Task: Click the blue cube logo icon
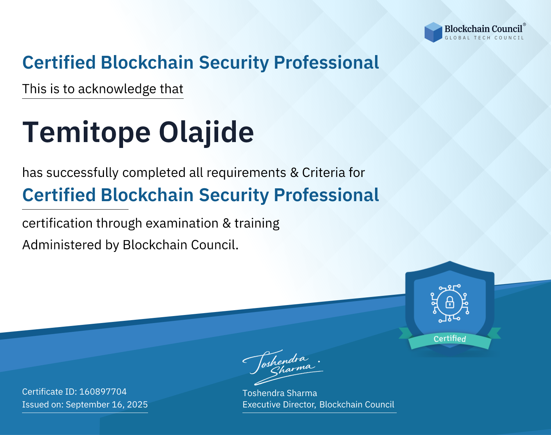point(433,32)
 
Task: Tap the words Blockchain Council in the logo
point(483,29)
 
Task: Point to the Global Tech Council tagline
point(484,38)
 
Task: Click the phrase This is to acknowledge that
point(103,89)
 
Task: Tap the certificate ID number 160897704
point(103,391)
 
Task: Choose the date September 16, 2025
point(107,404)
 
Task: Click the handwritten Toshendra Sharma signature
point(282,367)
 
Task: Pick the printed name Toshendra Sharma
point(280,393)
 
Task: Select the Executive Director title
point(279,405)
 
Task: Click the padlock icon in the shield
point(450,303)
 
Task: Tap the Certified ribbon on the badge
point(450,339)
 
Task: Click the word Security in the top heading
point(234,63)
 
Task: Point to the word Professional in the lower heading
point(327,195)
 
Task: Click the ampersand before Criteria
point(294,173)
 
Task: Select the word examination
point(182,223)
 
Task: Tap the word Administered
point(62,245)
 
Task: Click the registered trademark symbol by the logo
point(525,25)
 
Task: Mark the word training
point(257,224)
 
